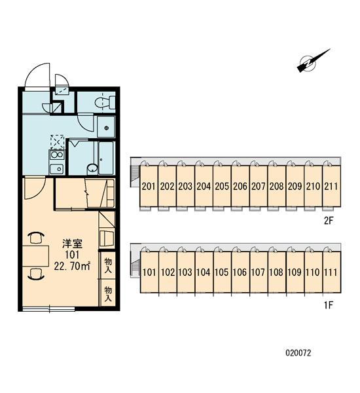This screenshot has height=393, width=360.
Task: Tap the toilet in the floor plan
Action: click(105, 102)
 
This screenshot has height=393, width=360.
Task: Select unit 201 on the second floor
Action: click(149, 186)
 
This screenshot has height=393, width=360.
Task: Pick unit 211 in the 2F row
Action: click(331, 186)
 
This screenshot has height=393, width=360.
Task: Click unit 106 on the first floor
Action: click(240, 272)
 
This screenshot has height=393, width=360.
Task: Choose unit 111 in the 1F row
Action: click(331, 272)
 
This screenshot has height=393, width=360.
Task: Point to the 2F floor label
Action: click(329, 221)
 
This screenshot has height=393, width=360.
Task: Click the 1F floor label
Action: click(329, 305)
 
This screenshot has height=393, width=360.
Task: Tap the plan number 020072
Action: click(298, 353)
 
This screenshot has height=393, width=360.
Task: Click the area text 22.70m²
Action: click(72, 266)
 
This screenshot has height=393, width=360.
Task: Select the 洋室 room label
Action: click(73, 244)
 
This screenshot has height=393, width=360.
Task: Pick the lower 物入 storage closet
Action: click(108, 293)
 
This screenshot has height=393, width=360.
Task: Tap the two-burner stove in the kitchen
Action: click(57, 155)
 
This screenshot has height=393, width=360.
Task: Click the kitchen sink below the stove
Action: click(56, 169)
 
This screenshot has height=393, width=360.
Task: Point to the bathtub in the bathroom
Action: click(106, 158)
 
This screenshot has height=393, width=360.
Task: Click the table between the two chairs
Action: click(35, 256)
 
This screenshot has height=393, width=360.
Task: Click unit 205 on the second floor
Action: click(222, 186)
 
